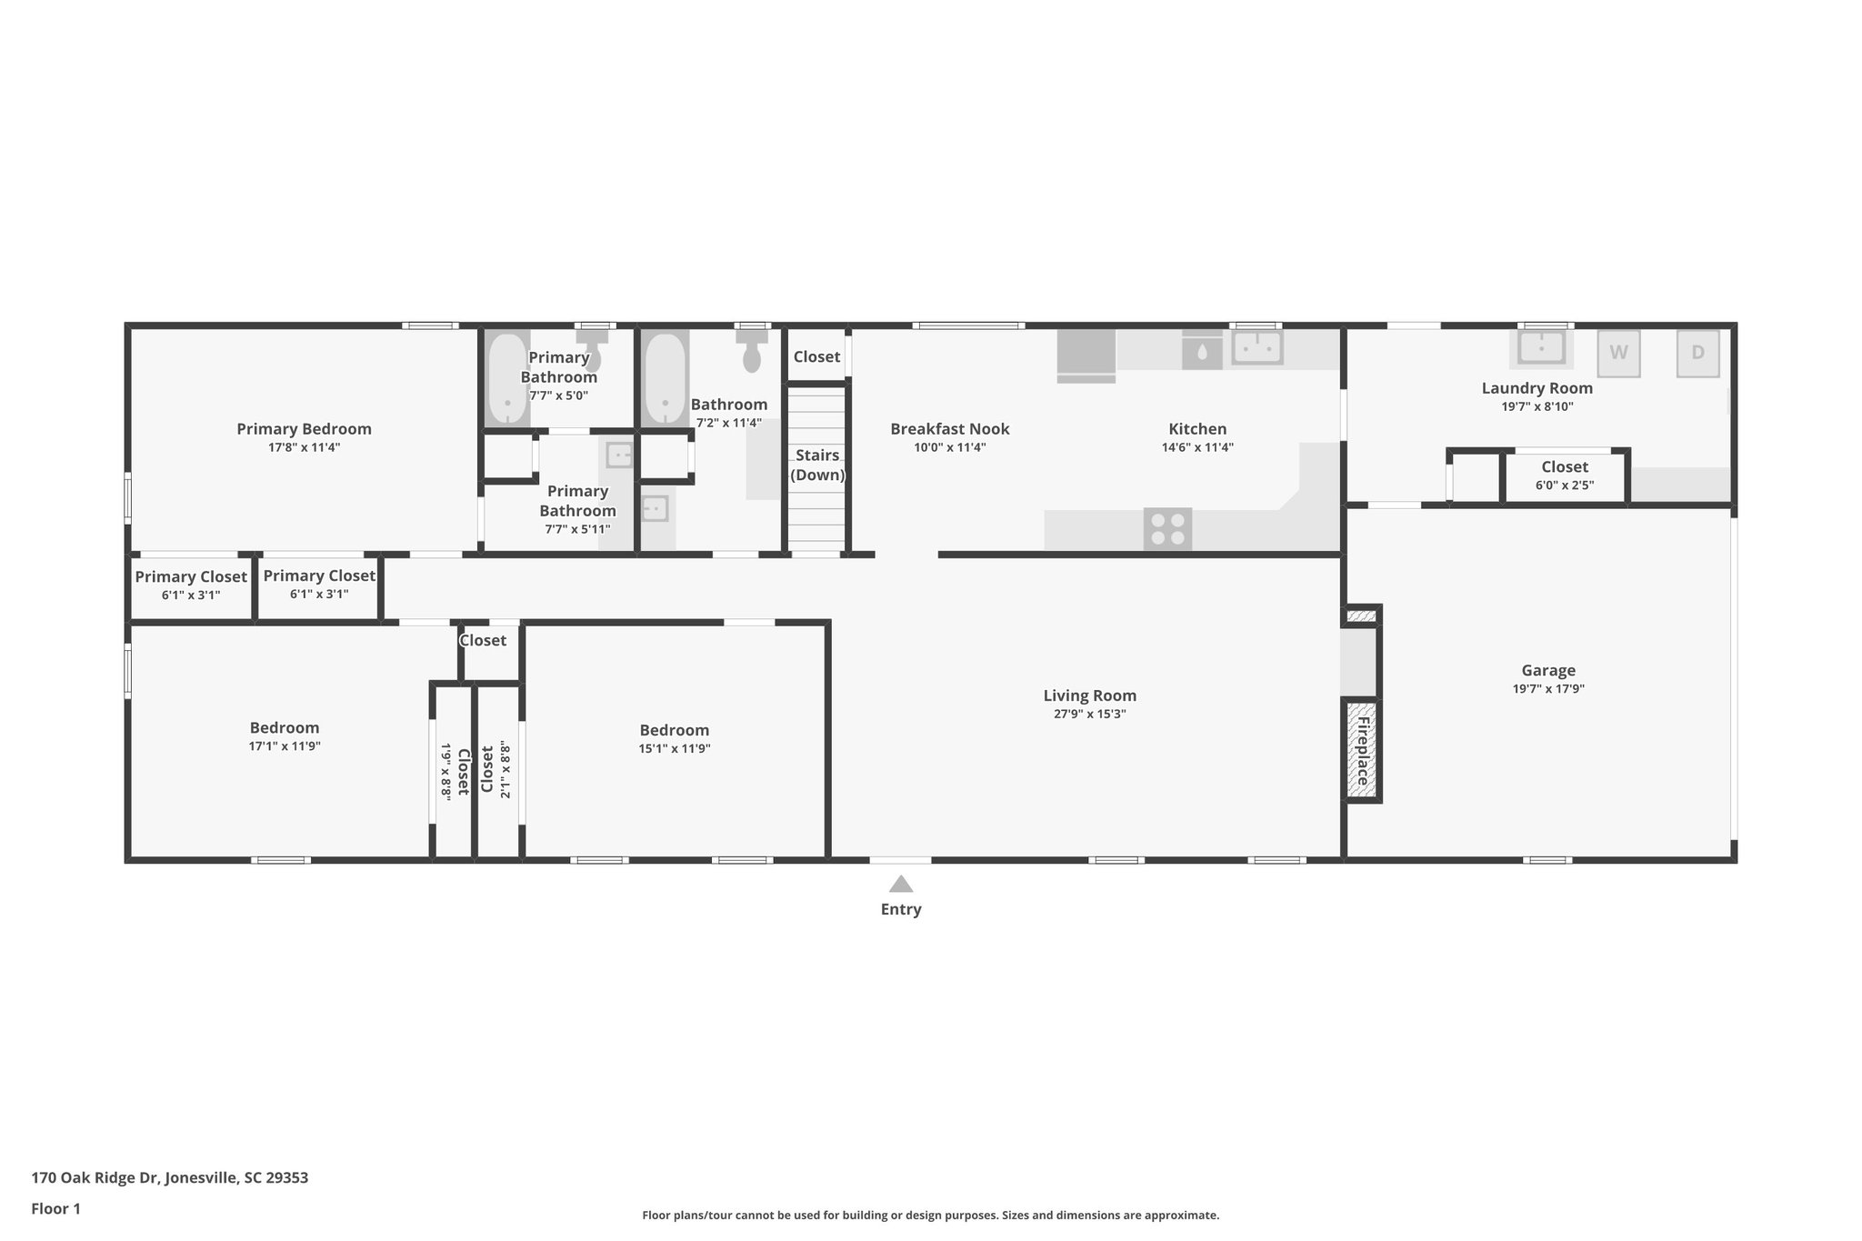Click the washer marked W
coord(1618,353)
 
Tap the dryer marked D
coord(1697,353)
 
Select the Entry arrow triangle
coord(900,884)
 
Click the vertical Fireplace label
coord(1363,751)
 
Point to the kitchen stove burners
coord(1167,529)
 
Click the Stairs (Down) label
coord(817,465)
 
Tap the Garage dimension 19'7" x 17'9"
coord(1548,689)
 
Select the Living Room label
coord(1089,696)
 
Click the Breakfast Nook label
coord(949,429)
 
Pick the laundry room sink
coord(1541,347)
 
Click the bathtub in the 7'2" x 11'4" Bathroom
coord(666,378)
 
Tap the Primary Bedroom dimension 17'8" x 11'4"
coord(304,447)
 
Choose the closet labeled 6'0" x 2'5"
coord(1564,475)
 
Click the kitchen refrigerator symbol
coord(1086,353)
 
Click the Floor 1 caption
coord(55,1208)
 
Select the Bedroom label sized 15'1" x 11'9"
coord(674,730)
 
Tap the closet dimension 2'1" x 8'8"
coord(506,771)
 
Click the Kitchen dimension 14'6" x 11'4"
coord(1196,447)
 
